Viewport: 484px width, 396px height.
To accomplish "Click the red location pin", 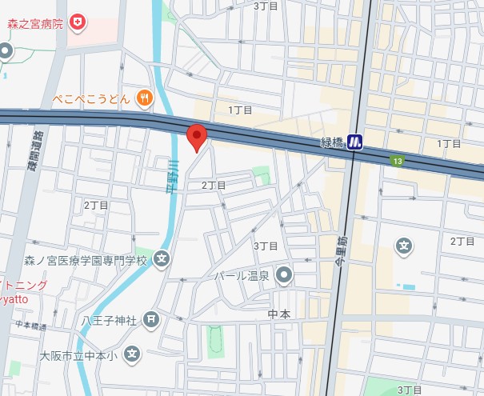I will (197, 137).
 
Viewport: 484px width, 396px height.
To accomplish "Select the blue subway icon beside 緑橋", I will (355, 142).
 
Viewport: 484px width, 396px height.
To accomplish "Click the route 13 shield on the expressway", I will (397, 162).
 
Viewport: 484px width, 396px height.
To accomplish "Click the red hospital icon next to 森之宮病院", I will (78, 20).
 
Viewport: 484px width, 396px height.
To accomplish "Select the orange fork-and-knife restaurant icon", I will (144, 98).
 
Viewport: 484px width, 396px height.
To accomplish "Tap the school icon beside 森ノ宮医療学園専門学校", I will (162, 259).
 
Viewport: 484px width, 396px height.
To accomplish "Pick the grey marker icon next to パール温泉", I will (284, 276).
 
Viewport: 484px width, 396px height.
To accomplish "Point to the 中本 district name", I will (279, 314).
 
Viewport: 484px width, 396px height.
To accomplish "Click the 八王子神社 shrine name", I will (110, 320).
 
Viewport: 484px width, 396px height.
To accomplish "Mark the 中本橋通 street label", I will (31, 325).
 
